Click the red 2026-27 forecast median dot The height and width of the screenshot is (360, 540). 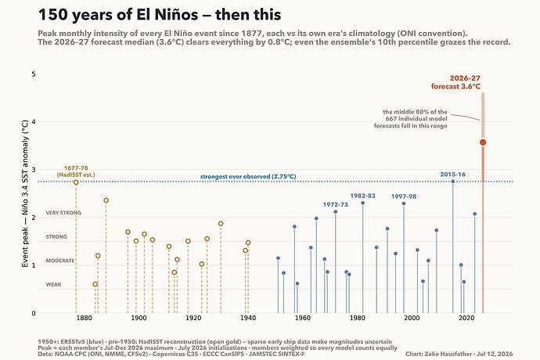(x=483, y=142)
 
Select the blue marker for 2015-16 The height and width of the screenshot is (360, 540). (x=453, y=182)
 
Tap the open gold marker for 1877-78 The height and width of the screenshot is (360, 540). (x=76, y=182)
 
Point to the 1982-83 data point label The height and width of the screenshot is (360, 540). (x=362, y=196)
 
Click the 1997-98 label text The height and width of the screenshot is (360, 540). (x=404, y=196)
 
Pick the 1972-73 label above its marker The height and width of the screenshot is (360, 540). (x=336, y=204)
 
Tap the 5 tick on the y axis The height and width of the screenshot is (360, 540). (x=34, y=74)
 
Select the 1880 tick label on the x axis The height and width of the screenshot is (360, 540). (x=85, y=318)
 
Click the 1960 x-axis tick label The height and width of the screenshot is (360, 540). (x=302, y=318)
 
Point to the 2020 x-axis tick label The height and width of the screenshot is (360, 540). (x=466, y=318)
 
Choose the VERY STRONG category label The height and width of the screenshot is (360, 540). (x=63, y=213)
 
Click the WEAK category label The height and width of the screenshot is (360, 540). (x=53, y=285)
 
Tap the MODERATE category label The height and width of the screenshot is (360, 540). (x=60, y=261)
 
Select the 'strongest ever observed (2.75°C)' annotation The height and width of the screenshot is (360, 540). (x=248, y=177)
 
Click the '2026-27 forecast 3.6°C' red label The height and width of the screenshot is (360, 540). (x=455, y=82)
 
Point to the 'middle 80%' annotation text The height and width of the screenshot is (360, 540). (x=411, y=119)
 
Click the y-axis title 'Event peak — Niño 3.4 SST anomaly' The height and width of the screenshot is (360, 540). (x=25, y=193)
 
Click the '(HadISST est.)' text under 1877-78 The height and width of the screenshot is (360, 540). (x=76, y=175)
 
